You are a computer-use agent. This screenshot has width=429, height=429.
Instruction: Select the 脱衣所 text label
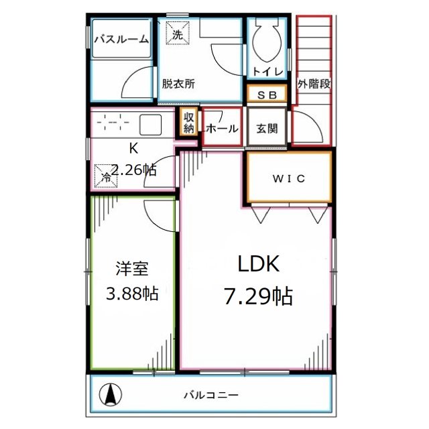[178, 84]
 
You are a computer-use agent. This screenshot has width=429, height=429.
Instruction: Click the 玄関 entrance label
[267, 129]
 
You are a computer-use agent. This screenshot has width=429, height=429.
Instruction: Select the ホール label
[222, 129]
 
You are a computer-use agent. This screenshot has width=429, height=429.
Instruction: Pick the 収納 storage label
[189, 123]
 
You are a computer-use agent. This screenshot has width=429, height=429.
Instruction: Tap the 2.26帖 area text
[133, 170]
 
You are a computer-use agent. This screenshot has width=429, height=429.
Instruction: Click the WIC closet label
[288, 178]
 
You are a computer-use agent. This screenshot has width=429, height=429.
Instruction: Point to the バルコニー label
[211, 395]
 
